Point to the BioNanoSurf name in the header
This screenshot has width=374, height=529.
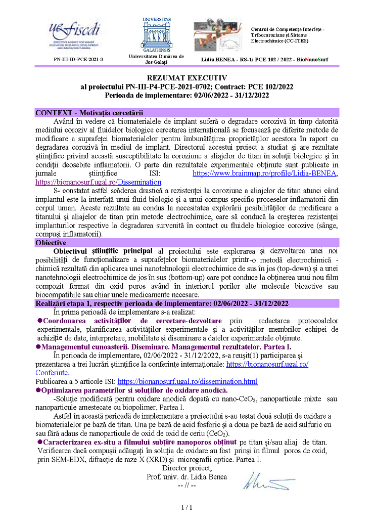(x=312, y=60)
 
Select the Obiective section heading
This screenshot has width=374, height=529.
(x=51, y=243)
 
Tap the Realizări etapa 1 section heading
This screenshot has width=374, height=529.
(x=162, y=303)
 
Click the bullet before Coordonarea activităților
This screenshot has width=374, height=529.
(x=40, y=321)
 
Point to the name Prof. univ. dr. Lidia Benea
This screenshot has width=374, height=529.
(x=186, y=477)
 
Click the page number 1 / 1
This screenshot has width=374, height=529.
(x=186, y=507)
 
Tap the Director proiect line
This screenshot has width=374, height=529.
(x=186, y=469)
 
